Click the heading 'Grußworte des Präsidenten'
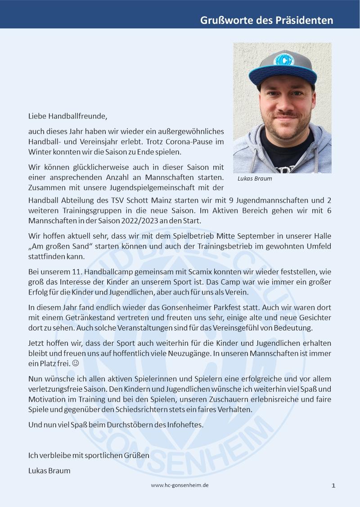267,21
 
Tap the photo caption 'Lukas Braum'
255,178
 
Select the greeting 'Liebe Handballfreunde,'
68,116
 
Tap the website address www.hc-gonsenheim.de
180,485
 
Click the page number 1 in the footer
333,485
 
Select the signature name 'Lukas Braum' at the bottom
49,471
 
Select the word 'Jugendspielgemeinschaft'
129,186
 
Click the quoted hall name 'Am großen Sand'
59,247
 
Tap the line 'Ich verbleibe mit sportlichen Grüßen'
88,455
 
